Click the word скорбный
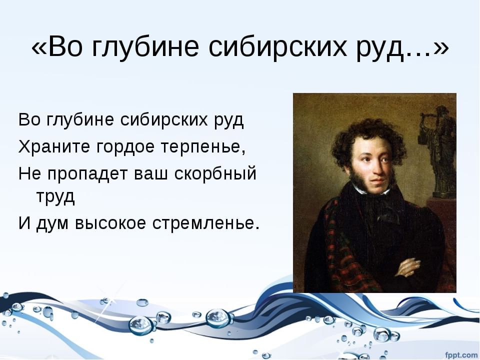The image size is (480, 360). [215, 173]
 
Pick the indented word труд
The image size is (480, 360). [55, 196]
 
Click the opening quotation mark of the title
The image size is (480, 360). [38, 48]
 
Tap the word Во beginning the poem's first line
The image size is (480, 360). [29, 120]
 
